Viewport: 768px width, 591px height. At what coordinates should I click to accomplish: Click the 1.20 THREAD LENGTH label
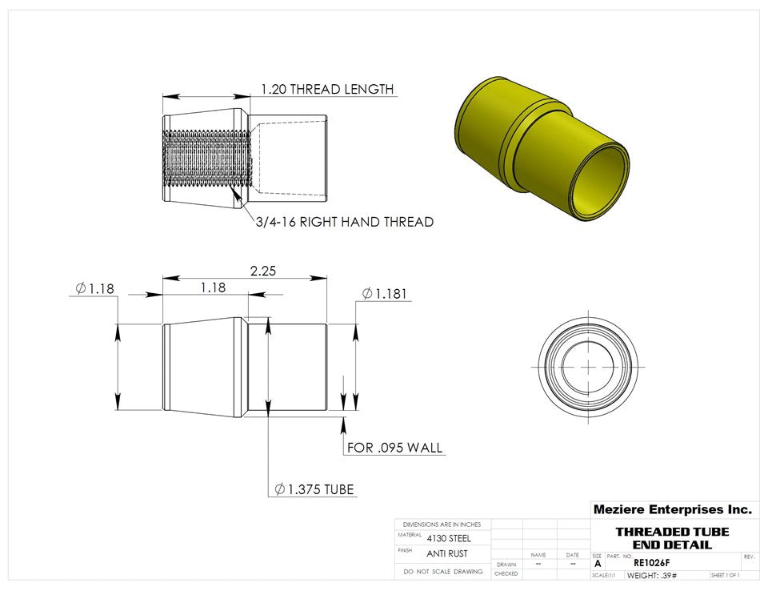coord(326,89)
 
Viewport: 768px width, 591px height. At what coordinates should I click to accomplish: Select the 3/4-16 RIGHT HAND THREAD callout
coord(344,222)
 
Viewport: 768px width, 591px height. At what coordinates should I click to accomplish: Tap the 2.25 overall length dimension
coord(262,271)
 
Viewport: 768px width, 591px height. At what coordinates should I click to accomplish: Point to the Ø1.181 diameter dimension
coord(385,294)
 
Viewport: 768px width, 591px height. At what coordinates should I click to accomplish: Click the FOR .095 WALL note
coord(394,448)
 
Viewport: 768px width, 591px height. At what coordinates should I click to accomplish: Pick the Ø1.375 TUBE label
coord(314,489)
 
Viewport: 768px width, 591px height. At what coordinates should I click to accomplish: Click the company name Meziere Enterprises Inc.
coord(672,509)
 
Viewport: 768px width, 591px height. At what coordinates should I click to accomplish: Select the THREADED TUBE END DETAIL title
coord(672,538)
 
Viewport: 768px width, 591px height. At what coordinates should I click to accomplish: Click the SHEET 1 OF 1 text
coord(725,576)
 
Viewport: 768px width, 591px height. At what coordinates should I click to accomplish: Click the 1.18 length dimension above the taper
coord(212,287)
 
